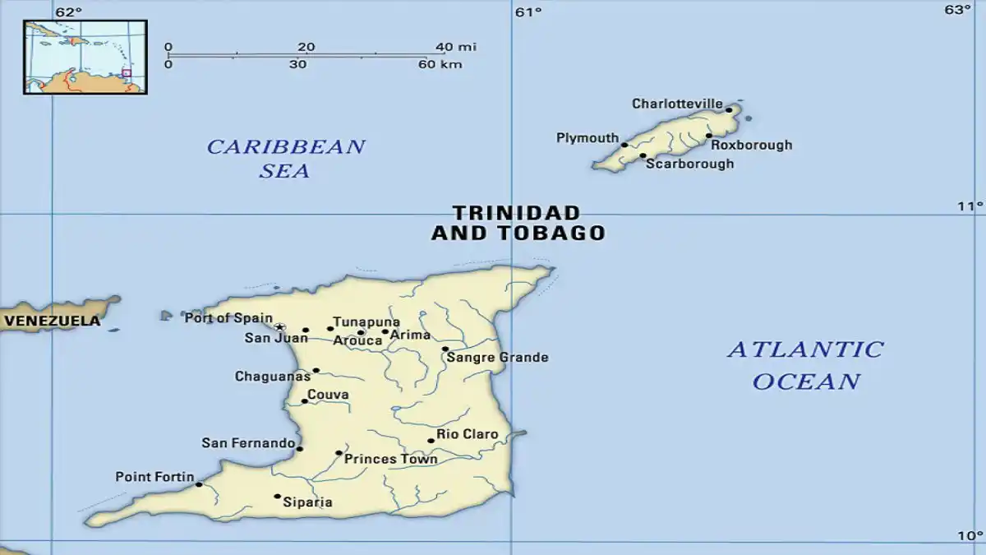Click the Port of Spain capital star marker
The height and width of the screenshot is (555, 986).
tap(279, 327)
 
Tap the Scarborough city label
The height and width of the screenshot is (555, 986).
tap(689, 164)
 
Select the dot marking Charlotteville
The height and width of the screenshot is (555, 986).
tap(729, 109)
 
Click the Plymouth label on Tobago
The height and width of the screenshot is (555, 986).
tap(587, 138)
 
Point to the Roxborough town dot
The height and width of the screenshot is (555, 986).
tap(709, 136)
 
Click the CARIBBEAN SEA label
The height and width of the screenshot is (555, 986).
tap(285, 159)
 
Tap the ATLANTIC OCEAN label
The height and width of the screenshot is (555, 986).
tap(805, 365)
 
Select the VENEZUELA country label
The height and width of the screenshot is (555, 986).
tap(51, 321)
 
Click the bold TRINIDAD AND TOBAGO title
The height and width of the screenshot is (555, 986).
tap(518, 223)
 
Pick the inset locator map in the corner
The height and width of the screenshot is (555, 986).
tap(85, 57)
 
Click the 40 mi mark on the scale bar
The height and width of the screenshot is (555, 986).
tap(455, 47)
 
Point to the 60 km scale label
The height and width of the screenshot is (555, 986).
tap(440, 64)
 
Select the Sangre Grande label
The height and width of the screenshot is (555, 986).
tap(497, 358)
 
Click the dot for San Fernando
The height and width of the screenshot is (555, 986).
tap(299, 449)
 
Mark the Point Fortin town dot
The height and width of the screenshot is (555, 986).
tap(199, 484)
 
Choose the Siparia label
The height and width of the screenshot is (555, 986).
tap(307, 502)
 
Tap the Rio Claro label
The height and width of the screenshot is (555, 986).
tap(467, 434)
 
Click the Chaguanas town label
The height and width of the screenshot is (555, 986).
tap(272, 377)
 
